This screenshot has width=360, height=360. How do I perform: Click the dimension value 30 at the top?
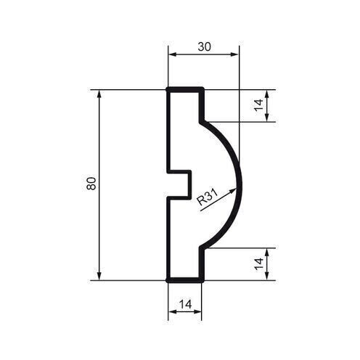tap(204, 46)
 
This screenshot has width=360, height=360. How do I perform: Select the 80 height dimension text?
tap(91, 184)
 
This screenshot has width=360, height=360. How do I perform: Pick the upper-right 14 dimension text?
tap(258, 105)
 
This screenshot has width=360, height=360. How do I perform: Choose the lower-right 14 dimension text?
tap(258, 263)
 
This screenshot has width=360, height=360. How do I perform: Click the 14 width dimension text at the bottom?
tap(185, 305)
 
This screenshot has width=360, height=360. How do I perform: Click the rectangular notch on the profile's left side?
tap(180, 184)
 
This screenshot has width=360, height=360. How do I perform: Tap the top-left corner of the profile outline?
tap(168, 89)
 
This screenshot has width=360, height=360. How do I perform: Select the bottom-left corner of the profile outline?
tap(168, 279)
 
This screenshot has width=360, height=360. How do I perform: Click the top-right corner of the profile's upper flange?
tap(201, 89)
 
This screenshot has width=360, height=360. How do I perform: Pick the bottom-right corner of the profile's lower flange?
tap(201, 279)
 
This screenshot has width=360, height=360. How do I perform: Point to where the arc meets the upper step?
tap(202, 120)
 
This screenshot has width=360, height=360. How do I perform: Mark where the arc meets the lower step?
tap(202, 247)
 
